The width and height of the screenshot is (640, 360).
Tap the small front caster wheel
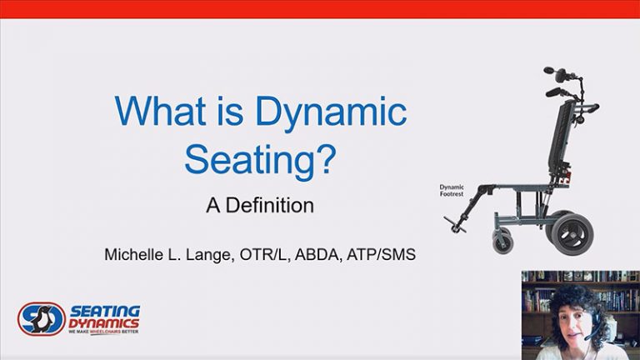(503, 242)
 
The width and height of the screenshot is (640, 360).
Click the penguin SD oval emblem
(41, 317)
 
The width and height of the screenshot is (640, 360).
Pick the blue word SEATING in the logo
(104, 310)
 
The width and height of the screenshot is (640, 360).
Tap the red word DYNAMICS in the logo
(104, 322)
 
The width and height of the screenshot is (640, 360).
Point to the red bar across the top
(320, 9)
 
